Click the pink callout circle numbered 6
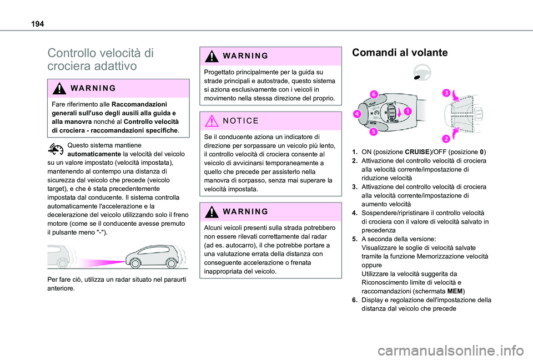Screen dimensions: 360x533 tap(375, 95)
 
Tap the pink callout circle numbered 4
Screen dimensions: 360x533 tap(355, 114)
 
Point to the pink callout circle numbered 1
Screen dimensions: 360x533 tap(408, 111)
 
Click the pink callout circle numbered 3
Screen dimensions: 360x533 tap(445, 94)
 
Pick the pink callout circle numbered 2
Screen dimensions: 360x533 tap(445, 138)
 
